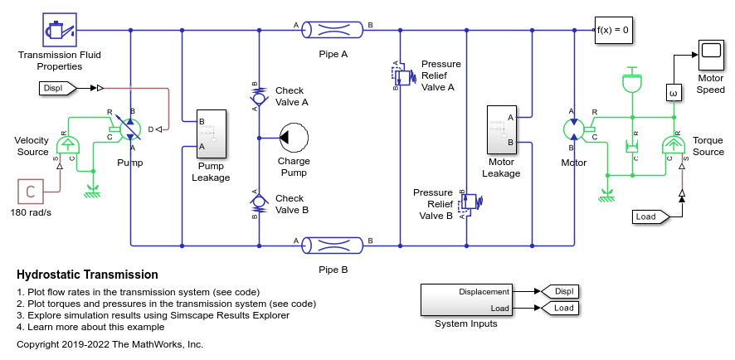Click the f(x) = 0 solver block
(x=613, y=30)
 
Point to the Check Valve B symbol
(x=258, y=202)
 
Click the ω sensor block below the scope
(x=674, y=93)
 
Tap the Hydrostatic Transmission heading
(x=87, y=275)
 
